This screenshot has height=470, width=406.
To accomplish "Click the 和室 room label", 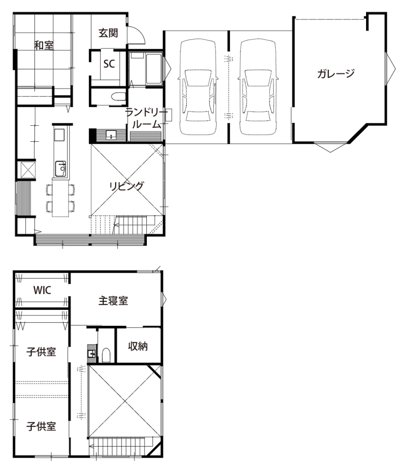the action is pyautogui.click(x=44, y=45).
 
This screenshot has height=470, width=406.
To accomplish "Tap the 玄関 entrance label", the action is pyautogui.click(x=108, y=33).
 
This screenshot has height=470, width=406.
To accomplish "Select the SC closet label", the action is pyautogui.click(x=109, y=63).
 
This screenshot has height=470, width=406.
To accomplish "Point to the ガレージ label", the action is pyautogui.click(x=336, y=73).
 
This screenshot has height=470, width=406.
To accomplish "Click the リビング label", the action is pyautogui.click(x=126, y=186).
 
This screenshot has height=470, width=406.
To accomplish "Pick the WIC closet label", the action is pyautogui.click(x=42, y=290).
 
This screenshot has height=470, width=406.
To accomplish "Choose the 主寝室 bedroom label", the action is pyautogui.click(x=113, y=301).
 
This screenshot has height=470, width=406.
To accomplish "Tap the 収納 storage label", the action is pyautogui.click(x=138, y=347).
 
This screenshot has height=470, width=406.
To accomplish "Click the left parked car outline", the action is pyautogui.click(x=198, y=87).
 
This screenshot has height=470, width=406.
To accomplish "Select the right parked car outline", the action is pyautogui.click(x=258, y=87).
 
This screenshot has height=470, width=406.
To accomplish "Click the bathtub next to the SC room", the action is pyautogui.click(x=154, y=68).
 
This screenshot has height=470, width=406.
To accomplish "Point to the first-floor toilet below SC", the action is pyautogui.click(x=118, y=96).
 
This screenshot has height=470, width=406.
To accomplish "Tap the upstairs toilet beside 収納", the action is pyautogui.click(x=106, y=355).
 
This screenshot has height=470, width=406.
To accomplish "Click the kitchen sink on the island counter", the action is pyautogui.click(x=61, y=168).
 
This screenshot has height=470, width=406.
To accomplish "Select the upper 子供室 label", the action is pyautogui.click(x=41, y=352).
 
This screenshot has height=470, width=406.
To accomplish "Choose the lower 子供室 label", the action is pyautogui.click(x=41, y=426).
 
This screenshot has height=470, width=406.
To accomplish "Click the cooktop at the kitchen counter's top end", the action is pyautogui.click(x=59, y=135).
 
